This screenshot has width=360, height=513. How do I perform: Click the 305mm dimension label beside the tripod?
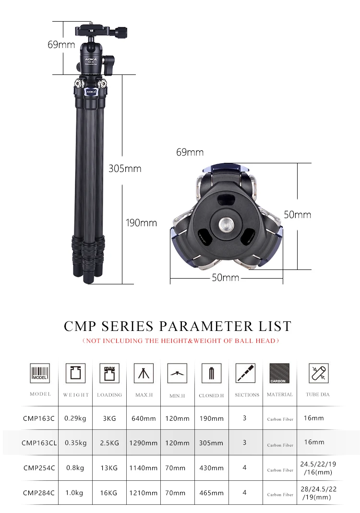[125, 169]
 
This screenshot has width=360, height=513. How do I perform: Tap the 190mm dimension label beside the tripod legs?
[141, 223]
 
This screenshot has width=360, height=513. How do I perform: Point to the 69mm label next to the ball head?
[61, 45]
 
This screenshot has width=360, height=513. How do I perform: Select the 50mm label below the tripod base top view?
[226, 278]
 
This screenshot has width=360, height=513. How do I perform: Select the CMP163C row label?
[39, 418]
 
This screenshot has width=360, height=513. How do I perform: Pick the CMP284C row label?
[39, 492]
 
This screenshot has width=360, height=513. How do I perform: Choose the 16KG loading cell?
[109, 492]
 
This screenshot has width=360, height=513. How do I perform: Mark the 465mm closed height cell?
[211, 492]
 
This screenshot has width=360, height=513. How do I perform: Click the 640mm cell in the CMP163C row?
[143, 418]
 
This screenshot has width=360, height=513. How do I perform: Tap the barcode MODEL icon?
[40, 373]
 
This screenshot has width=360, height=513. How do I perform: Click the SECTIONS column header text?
[247, 395]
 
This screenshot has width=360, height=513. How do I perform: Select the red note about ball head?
[180, 341]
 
